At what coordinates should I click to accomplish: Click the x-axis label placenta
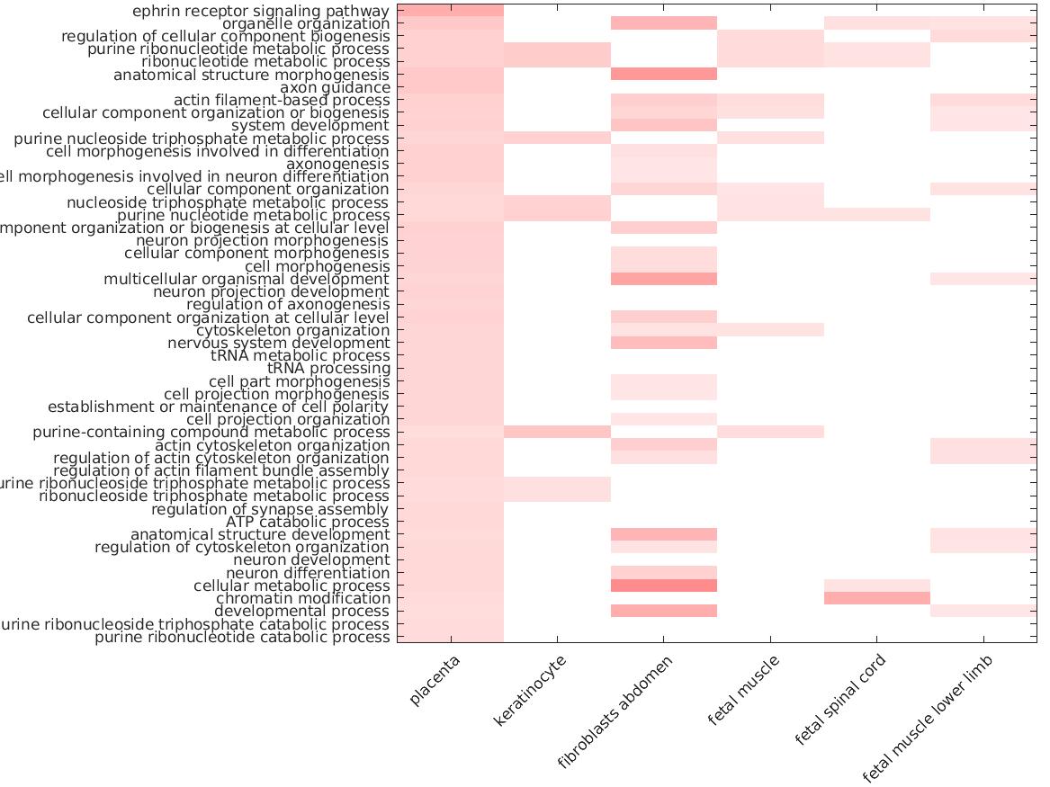point(435,681)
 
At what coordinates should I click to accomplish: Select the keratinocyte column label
point(531,691)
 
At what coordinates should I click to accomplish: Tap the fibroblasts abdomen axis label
point(615,712)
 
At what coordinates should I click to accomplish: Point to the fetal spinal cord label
point(841,699)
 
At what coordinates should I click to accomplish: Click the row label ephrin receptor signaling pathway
point(261,11)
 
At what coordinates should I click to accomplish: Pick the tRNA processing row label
point(328,368)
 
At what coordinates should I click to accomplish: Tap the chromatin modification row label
point(302,598)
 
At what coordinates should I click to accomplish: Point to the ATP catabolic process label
point(308,522)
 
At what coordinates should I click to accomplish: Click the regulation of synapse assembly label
point(270,509)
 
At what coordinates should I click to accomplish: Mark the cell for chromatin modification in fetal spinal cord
point(877,598)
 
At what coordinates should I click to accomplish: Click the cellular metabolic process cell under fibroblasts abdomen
point(664,586)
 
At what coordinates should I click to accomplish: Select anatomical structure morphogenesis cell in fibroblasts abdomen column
point(664,75)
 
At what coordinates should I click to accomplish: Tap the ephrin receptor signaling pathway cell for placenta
point(450,11)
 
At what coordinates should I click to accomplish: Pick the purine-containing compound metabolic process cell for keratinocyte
point(557,432)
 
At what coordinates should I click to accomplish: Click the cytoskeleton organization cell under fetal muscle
point(770,330)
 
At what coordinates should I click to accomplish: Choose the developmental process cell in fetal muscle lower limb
point(983,611)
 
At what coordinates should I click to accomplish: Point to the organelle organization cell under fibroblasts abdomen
point(664,23)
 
